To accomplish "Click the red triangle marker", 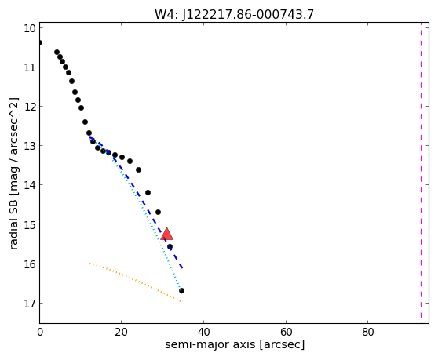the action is click(166, 234).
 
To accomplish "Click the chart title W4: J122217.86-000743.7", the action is click(235, 14).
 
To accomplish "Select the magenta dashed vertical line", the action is click(421, 170).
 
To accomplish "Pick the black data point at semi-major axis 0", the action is click(40, 42).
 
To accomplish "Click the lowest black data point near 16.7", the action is click(181, 290).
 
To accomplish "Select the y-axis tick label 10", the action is click(30, 28).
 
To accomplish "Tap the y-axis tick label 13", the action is click(30, 146).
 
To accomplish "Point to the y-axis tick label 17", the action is click(30, 303).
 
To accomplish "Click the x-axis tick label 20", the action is click(121, 332).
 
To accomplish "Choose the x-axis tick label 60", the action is click(286, 332).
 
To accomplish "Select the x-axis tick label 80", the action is click(367, 332).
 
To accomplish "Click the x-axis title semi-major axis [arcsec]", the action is click(235, 344).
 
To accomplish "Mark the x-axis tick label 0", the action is click(40, 332).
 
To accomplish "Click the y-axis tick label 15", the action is click(30, 224).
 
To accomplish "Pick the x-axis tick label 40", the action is click(203, 332).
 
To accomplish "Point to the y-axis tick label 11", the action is click(30, 67).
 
